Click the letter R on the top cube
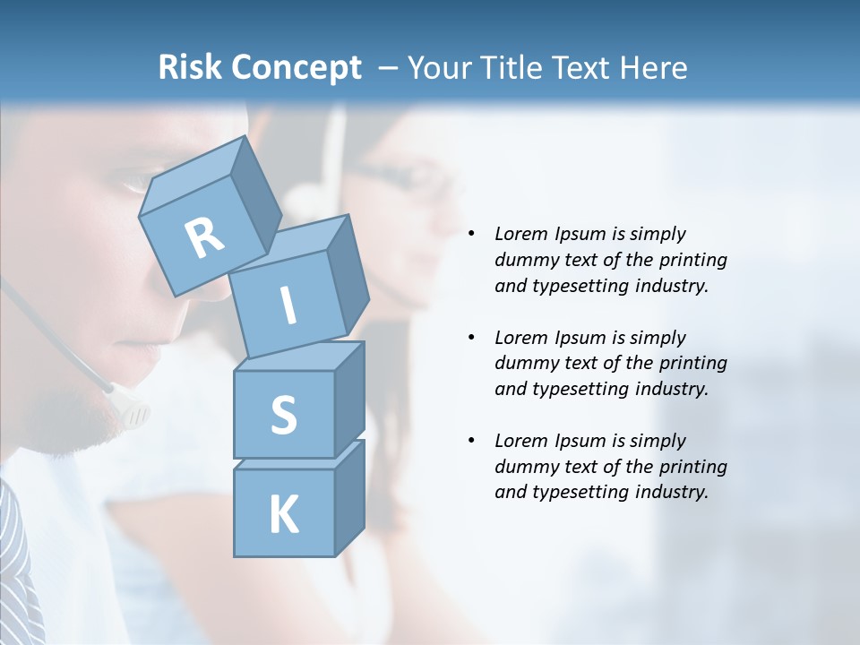[204, 237]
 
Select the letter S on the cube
[283, 415]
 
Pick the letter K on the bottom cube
[283, 515]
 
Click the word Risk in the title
[191, 68]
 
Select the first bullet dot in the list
[471, 235]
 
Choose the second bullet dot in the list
[471, 339]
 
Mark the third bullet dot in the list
[471, 442]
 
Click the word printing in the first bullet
[693, 260]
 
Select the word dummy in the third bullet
[523, 467]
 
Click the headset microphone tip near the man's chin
[134, 413]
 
